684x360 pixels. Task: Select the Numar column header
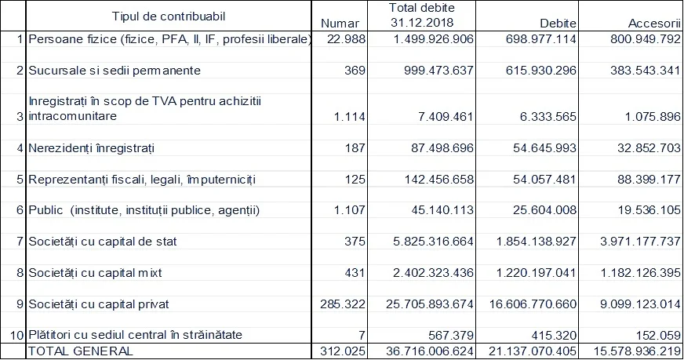click(x=340, y=24)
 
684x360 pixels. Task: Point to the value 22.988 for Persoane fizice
click(x=346, y=39)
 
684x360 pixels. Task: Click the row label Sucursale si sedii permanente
click(x=115, y=71)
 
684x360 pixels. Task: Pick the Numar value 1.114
click(x=349, y=117)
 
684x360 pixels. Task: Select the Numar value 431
click(x=355, y=273)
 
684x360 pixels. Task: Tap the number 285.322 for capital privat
click(x=344, y=304)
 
